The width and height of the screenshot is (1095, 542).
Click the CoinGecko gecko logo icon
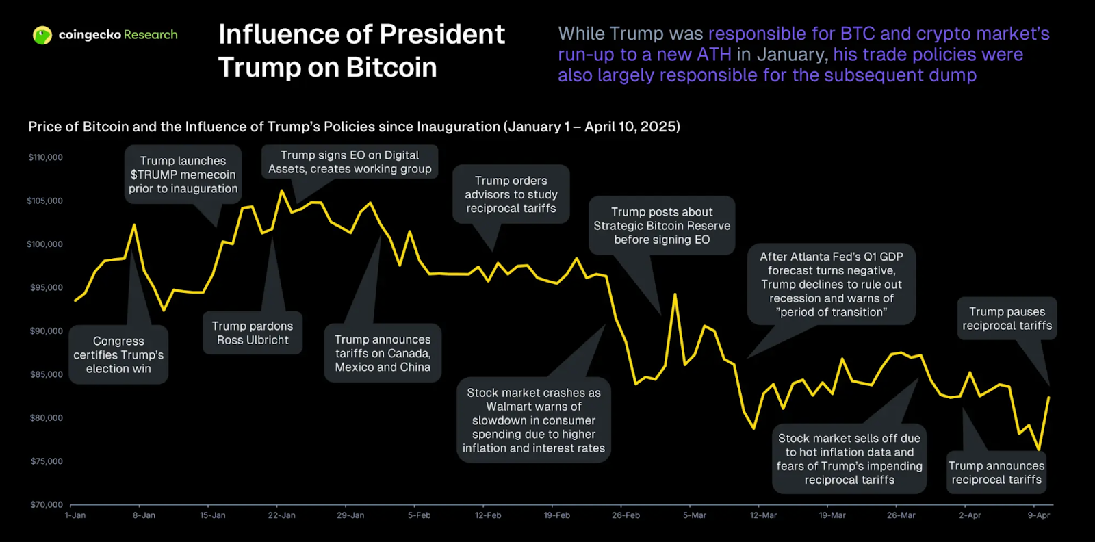[42, 35]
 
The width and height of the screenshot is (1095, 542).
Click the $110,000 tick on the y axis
[45, 157]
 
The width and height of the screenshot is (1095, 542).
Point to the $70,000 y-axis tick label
[47, 504]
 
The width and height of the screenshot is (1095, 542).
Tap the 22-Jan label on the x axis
[281, 515]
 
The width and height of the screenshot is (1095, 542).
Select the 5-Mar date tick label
[694, 515]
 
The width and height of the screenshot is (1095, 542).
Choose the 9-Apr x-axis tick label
[1038, 515]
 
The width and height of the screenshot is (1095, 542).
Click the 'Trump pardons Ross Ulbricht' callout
[253, 333]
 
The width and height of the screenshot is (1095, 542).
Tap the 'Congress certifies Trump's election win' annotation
[118, 354]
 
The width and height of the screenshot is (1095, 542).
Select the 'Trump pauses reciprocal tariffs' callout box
[1007, 319]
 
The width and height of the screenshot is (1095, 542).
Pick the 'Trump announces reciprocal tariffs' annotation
[996, 473]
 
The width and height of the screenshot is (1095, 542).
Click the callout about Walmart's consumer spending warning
[534, 420]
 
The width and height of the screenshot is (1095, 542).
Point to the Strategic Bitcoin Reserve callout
[662, 226]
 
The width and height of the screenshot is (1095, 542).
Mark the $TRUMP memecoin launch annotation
[183, 175]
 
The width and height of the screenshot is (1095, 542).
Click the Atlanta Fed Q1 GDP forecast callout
[831, 284]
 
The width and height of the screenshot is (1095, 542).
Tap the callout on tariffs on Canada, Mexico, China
[383, 353]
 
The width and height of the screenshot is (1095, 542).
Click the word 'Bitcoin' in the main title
[391, 68]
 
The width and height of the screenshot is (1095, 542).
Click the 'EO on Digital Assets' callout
[350, 162]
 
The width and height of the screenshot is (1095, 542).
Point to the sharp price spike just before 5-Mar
[675, 295]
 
